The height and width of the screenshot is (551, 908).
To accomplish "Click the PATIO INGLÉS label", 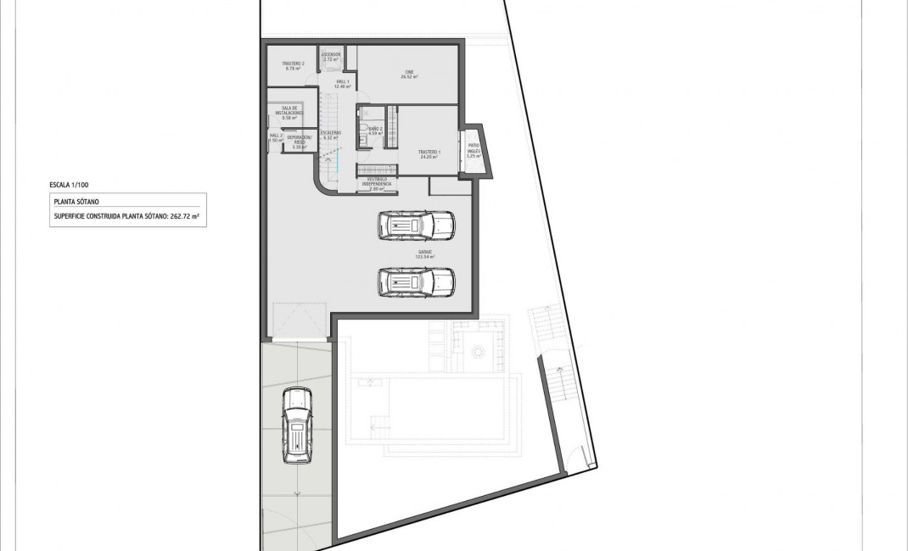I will point(473,153).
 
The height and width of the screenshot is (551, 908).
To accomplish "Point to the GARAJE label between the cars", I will point(415,253).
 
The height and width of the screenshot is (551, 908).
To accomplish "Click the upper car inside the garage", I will point(416,225).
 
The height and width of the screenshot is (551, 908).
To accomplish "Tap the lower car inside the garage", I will point(416,281).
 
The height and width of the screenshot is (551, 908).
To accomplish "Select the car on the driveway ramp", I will point(297,427).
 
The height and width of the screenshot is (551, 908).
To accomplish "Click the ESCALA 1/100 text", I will point(70,184).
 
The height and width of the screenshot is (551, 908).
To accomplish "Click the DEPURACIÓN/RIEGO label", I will point(299,142).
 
